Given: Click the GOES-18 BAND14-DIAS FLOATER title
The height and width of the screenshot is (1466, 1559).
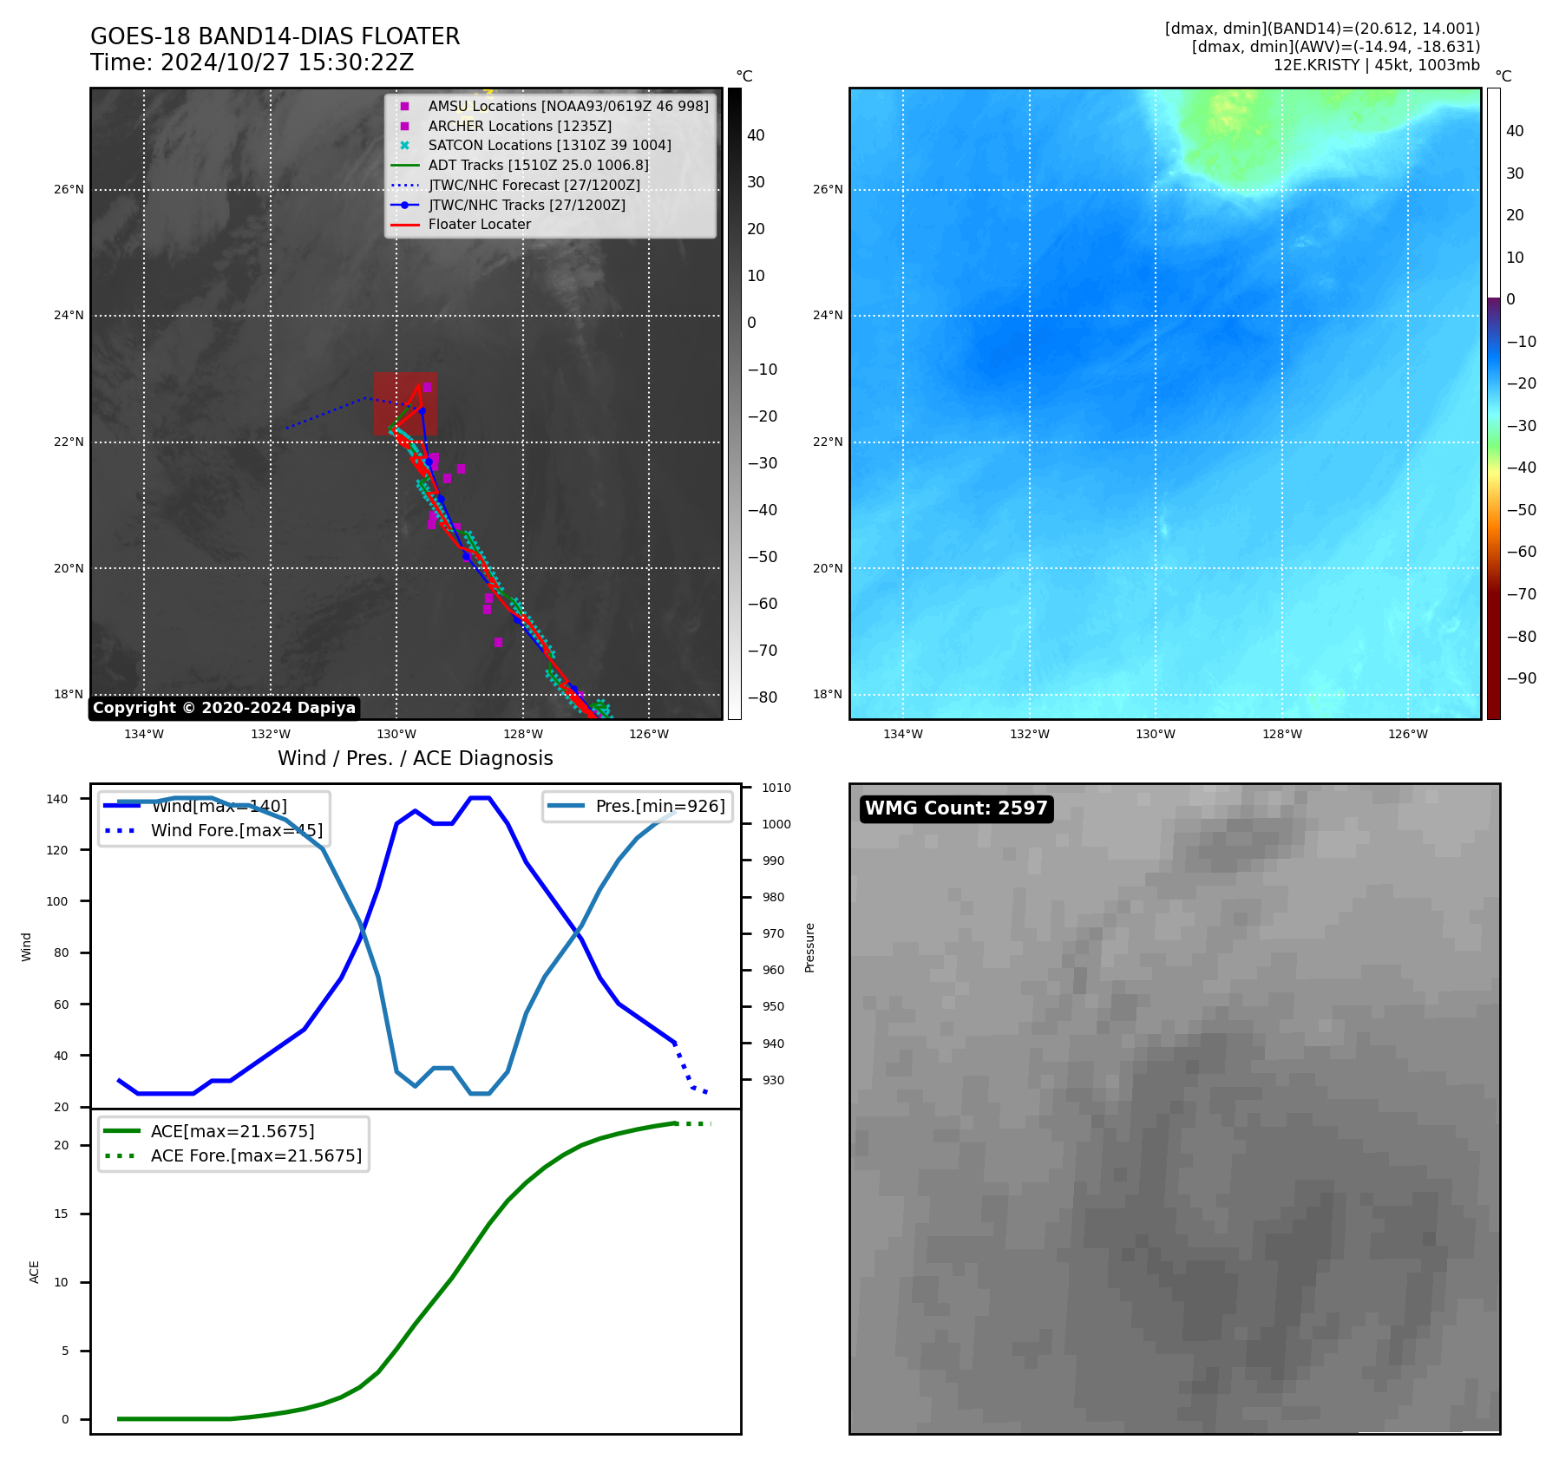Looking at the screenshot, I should click(x=275, y=36).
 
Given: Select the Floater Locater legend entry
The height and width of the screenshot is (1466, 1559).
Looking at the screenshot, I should click(x=479, y=225).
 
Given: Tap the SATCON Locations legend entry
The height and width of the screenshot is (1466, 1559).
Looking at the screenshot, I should click(x=549, y=146).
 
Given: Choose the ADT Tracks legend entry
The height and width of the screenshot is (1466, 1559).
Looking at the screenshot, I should click(x=538, y=166).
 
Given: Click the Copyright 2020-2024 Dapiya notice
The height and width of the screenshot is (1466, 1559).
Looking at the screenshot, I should click(x=224, y=708).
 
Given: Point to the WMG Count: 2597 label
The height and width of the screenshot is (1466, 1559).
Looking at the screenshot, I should click(x=956, y=808).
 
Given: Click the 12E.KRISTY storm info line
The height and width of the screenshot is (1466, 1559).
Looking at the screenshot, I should click(x=1376, y=65).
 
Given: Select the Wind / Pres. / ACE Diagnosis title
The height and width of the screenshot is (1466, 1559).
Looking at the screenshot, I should click(x=415, y=758).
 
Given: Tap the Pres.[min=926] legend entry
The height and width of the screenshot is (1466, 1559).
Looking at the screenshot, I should click(x=659, y=806).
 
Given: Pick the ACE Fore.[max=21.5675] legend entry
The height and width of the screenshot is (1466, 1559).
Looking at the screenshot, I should click(x=256, y=1155).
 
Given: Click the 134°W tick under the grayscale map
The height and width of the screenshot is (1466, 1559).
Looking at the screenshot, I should click(x=144, y=735).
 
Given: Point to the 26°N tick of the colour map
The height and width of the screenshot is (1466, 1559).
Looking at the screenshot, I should click(x=827, y=189).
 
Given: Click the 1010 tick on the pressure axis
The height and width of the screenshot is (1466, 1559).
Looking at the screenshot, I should click(x=776, y=788).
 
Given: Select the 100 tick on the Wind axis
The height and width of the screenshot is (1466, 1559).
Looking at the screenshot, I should click(x=56, y=901).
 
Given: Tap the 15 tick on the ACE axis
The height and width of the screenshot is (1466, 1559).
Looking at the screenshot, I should click(x=61, y=1214).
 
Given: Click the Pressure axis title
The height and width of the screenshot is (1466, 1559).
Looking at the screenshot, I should click(x=809, y=947).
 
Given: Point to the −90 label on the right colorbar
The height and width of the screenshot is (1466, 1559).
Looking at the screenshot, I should click(x=1521, y=678).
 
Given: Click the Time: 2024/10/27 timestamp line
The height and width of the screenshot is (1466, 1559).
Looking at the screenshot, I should click(x=252, y=63).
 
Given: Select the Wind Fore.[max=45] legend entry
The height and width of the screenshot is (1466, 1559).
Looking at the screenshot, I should click(x=236, y=830).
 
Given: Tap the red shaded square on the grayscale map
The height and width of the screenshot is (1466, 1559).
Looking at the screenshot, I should click(x=405, y=404).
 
